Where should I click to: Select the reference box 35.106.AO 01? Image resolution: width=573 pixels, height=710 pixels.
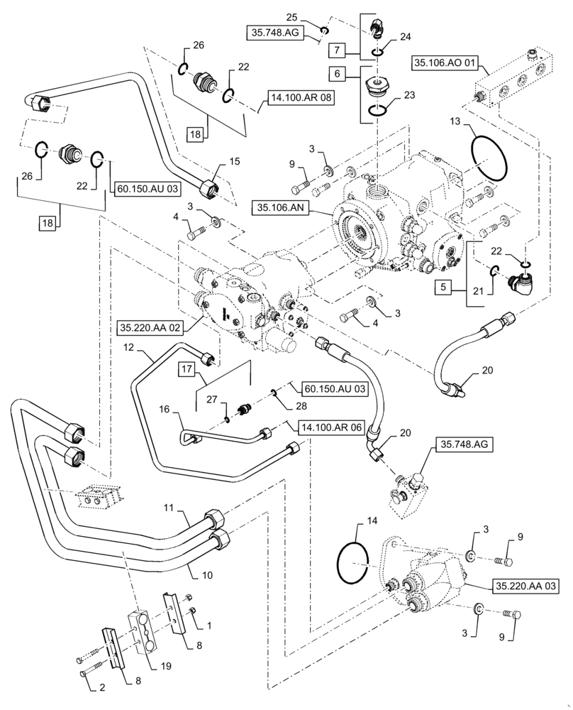pos(446,64)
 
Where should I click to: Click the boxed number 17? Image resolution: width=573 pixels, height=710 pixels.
pos(186,369)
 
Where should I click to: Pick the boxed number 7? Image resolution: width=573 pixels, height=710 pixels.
pos(337,50)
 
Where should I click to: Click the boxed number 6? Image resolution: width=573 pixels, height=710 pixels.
pos(337,73)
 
